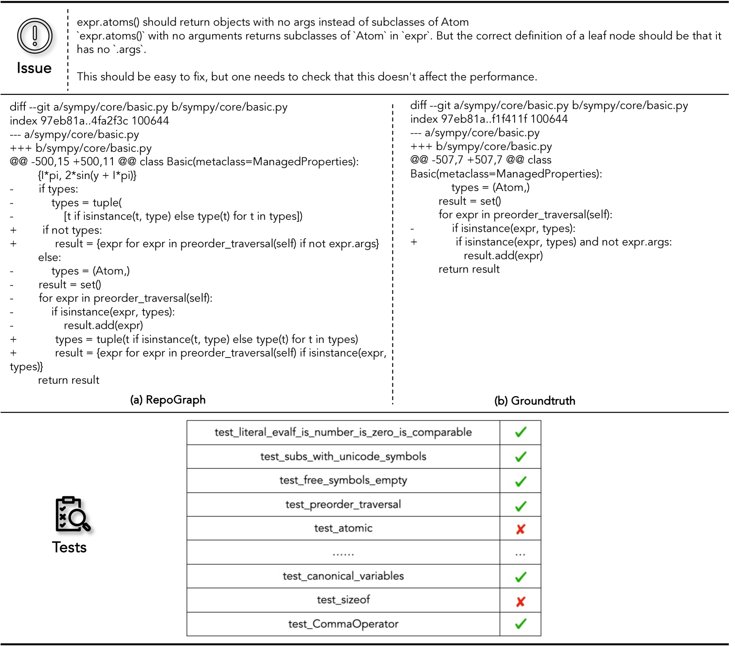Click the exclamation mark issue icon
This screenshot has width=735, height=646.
[35, 36]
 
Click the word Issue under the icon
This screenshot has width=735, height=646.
[34, 68]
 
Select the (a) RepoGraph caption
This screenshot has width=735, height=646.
[168, 400]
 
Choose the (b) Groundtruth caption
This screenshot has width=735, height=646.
[535, 401]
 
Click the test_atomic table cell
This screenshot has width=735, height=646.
[343, 528]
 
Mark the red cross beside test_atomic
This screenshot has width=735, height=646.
[520, 529]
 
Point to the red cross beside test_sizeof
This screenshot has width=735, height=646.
[520, 601]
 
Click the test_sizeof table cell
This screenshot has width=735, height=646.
[343, 600]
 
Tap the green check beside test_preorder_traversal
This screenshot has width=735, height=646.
[520, 506]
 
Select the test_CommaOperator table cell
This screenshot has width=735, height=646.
[343, 624]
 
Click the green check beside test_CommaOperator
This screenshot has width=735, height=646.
[520, 624]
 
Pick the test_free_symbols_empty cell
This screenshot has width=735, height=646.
[343, 480]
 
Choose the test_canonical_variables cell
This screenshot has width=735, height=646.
[343, 576]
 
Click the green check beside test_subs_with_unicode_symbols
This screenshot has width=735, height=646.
[520, 456]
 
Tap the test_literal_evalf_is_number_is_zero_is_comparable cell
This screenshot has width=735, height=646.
[343, 432]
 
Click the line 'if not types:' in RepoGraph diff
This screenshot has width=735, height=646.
[72, 230]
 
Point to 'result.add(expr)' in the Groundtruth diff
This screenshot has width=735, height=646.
[503, 256]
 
